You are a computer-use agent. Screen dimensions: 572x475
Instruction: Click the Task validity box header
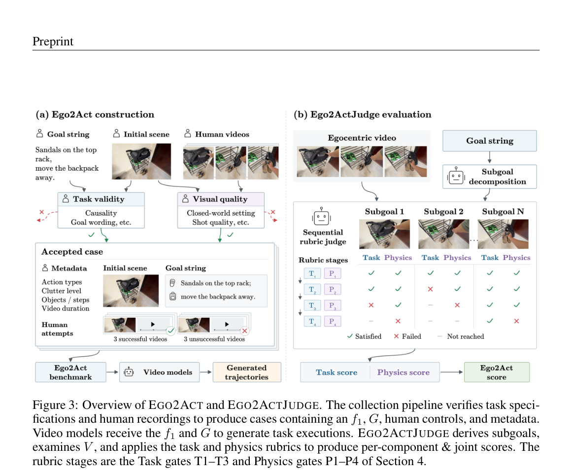(x=101, y=199)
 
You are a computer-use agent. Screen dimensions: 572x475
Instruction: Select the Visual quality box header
(x=221, y=199)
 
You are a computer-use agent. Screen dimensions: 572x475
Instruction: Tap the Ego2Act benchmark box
(x=71, y=372)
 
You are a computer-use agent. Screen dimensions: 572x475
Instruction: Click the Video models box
(x=160, y=372)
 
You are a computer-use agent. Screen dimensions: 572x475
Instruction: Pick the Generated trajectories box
(x=247, y=372)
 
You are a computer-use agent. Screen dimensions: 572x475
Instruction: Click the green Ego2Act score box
(x=497, y=372)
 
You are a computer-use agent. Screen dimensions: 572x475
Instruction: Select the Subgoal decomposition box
(x=490, y=177)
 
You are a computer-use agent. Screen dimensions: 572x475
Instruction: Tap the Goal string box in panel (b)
(x=490, y=141)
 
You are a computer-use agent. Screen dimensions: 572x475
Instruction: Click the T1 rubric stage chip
(x=312, y=273)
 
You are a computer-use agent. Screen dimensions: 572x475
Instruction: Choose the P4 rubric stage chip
(x=333, y=321)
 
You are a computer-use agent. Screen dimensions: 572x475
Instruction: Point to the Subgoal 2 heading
(x=443, y=212)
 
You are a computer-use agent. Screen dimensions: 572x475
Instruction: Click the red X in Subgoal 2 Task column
(x=431, y=289)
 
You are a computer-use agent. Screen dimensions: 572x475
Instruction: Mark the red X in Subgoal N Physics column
(x=516, y=321)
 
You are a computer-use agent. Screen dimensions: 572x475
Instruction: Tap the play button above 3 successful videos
(x=153, y=324)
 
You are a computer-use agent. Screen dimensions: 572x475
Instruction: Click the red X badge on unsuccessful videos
(x=245, y=331)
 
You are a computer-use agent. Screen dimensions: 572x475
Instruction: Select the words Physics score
(x=404, y=372)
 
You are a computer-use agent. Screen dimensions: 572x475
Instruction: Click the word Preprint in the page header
(x=53, y=41)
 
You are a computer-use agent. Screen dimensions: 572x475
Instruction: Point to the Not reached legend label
(x=466, y=336)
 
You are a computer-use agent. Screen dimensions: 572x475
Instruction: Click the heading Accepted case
(x=72, y=252)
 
